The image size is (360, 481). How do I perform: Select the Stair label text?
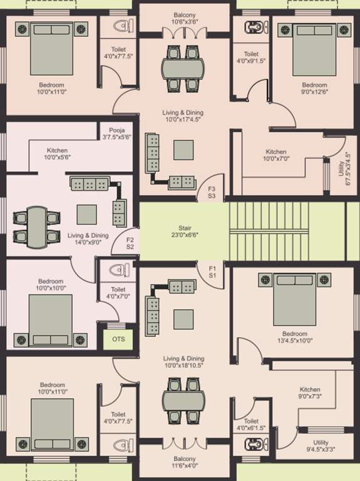184,232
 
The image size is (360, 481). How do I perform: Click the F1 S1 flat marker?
212,272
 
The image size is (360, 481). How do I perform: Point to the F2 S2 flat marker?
130,243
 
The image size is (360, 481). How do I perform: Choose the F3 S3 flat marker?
212,192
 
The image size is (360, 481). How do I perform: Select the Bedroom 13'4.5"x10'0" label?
294,338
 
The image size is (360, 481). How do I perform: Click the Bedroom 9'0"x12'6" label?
314,89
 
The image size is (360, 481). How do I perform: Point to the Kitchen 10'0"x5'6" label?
57,154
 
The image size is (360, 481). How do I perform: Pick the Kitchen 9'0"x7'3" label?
310,393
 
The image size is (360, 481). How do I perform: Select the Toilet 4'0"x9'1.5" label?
251,58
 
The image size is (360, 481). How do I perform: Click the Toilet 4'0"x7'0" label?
118,293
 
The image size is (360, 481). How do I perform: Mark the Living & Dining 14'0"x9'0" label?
88,239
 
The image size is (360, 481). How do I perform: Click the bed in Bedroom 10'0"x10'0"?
51,319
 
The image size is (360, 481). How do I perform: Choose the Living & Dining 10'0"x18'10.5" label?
184,361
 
